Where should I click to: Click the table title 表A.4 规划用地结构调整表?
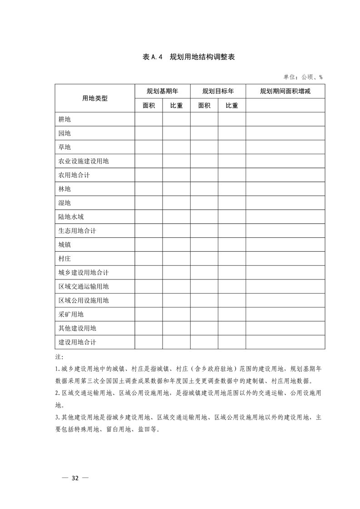[188, 57]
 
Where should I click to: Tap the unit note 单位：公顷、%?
[303, 77]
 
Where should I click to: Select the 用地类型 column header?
[95, 98]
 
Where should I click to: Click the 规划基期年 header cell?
[162, 91]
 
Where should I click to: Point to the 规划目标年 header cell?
[218, 91]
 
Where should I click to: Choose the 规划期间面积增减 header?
[285, 91]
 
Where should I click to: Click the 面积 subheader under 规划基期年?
[148, 105]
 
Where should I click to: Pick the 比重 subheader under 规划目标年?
[232, 105]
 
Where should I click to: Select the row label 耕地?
[64, 119]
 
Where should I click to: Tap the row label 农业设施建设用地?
[84, 161]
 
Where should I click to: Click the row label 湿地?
[64, 203]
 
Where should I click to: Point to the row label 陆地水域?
[71, 217]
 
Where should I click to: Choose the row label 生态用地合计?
[77, 231]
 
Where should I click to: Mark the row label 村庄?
[64, 259]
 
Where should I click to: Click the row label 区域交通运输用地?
[84, 287]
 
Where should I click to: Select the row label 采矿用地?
[71, 314]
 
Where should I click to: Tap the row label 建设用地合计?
[77, 342]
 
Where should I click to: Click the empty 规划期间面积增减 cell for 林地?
[285, 189]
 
